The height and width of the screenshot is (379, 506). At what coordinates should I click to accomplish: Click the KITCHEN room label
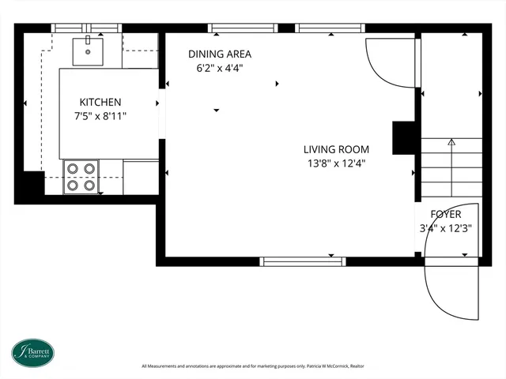[100, 102]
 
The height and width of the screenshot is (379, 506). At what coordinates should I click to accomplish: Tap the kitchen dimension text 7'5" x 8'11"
[100, 116]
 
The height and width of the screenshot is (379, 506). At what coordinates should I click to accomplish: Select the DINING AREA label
[220, 54]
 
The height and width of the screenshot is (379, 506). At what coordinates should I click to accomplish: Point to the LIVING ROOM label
[336, 149]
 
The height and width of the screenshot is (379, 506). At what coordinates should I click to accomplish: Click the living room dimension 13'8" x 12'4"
[336, 163]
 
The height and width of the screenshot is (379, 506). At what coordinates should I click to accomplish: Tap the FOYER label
[446, 214]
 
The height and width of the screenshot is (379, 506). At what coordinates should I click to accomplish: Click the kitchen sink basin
[88, 51]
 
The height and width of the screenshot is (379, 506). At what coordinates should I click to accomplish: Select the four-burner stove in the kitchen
[81, 177]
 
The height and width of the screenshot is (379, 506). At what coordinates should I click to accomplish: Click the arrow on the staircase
[451, 167]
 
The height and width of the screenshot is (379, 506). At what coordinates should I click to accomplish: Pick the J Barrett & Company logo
[33, 353]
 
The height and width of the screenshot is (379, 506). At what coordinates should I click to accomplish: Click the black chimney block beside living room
[403, 138]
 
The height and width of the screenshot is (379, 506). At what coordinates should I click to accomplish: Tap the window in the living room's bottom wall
[303, 261]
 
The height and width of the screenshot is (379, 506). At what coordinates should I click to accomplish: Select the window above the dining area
[243, 28]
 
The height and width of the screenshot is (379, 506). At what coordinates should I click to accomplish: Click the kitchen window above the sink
[86, 28]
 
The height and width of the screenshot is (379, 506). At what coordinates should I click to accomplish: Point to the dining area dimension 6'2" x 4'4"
[220, 69]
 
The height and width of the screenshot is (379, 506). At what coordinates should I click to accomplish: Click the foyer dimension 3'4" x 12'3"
[446, 228]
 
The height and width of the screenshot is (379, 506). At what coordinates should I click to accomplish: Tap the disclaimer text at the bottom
[253, 366]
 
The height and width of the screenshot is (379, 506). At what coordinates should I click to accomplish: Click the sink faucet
[88, 40]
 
